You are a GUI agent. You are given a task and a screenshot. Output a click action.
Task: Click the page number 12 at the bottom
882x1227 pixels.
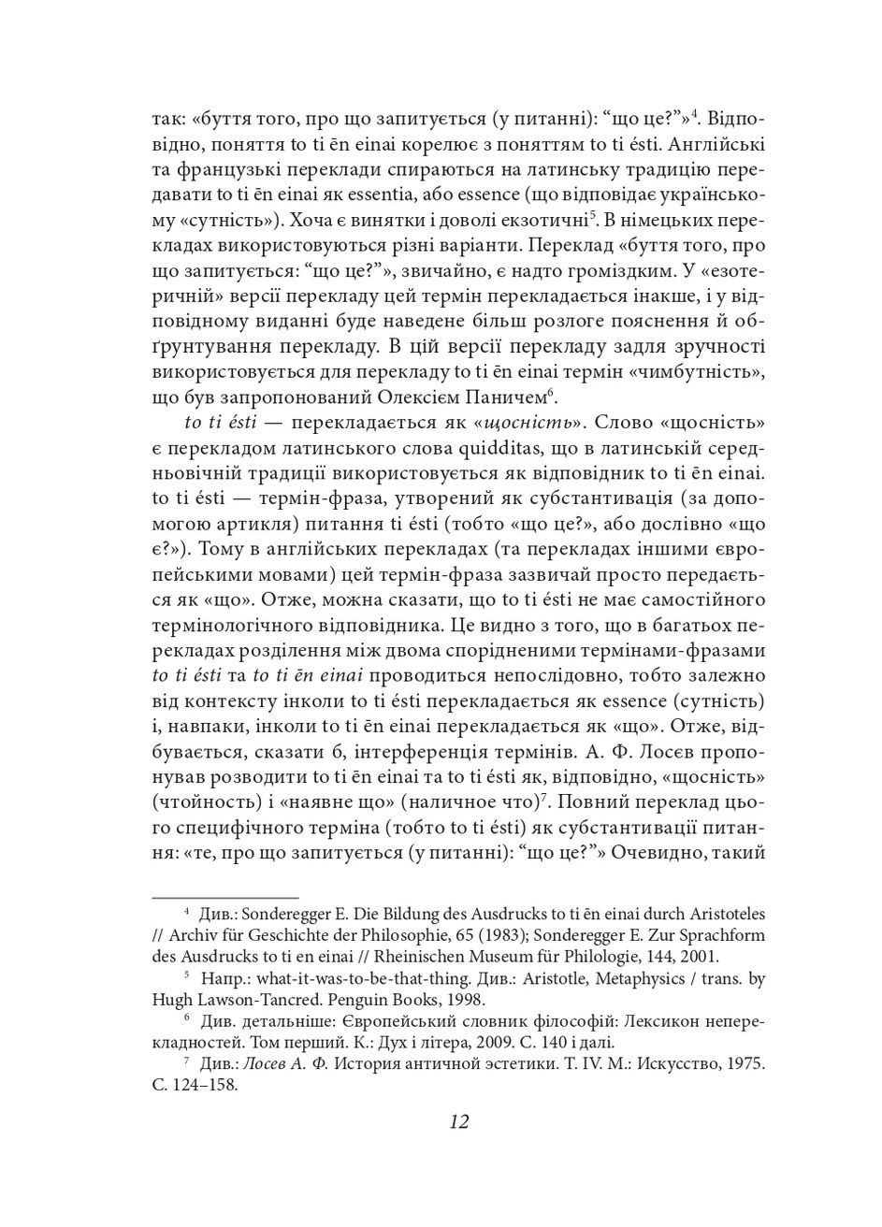click(x=458, y=1121)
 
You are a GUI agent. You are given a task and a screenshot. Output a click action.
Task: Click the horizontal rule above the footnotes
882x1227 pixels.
click(x=224, y=897)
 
